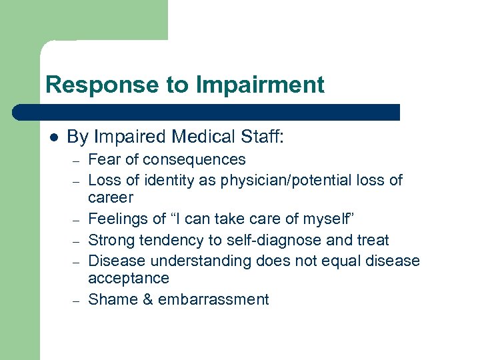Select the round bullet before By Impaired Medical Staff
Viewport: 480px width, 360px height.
click(x=53, y=138)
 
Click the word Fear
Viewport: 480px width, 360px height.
click(x=103, y=160)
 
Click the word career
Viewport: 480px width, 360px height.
click(x=111, y=198)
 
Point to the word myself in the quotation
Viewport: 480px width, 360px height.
click(x=327, y=219)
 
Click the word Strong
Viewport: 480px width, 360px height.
click(x=110, y=240)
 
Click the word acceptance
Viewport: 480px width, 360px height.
click(x=129, y=279)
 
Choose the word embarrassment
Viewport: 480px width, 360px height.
click(x=213, y=300)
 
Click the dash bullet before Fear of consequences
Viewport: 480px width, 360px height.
click(x=77, y=161)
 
